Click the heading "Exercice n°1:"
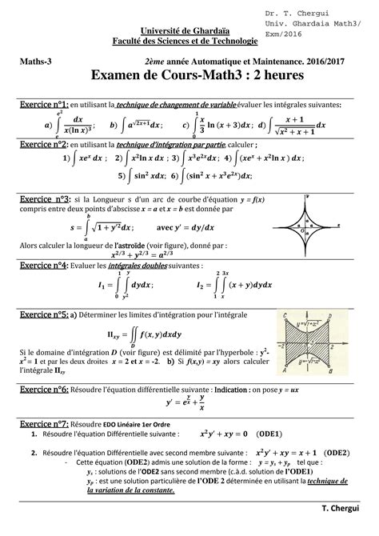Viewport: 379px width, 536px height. (x=45, y=105)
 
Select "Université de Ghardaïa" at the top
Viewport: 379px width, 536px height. (x=112, y=30)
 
